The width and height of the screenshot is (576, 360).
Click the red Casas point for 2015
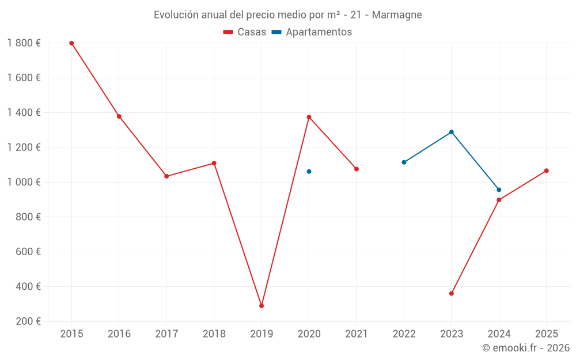coord(71,43)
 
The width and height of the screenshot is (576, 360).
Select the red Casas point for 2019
coord(262,306)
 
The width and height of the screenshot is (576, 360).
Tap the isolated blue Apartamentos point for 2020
coord(309,172)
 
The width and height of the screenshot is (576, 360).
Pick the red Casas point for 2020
coord(309,117)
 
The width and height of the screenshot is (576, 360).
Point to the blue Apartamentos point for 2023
coord(452,132)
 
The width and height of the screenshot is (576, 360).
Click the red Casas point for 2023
coord(452,294)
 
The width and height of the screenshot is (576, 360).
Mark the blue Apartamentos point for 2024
coord(499,190)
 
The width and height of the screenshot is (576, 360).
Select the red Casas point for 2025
coord(547,170)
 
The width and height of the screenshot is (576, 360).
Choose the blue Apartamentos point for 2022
coord(404,162)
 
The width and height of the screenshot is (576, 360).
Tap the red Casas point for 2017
coord(166,176)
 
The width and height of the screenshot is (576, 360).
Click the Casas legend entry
coord(245,32)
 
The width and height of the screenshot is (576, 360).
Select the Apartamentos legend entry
coord(312,32)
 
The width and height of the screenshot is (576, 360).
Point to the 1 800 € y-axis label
coord(24,43)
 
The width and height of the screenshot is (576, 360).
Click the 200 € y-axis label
coord(27,321)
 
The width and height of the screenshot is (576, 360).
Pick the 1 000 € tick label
coord(24,182)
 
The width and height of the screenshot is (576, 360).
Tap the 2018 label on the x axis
coord(214,334)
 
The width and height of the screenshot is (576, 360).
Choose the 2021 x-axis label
coord(357,334)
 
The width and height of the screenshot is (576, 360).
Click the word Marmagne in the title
coord(397,15)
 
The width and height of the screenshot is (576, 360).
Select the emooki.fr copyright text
coord(526,348)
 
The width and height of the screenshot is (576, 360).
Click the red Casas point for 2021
coord(357,169)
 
